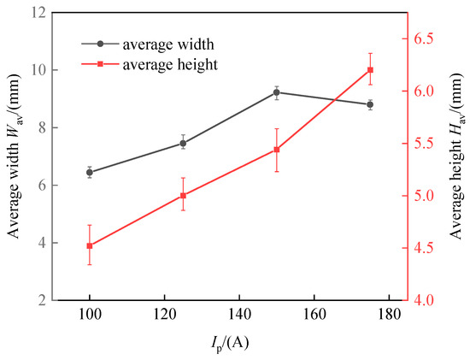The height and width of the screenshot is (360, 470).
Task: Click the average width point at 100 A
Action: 90,172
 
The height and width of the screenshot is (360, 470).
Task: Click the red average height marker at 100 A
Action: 90,245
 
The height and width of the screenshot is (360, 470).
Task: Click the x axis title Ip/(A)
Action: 228,344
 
